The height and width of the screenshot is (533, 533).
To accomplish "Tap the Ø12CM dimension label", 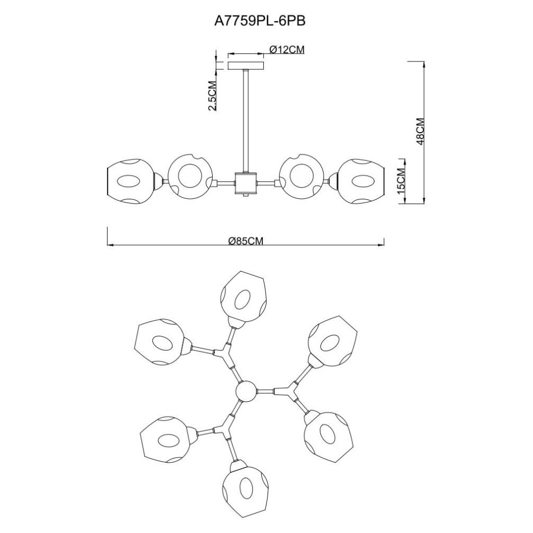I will point(287,50).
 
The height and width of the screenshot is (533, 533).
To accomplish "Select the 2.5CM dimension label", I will point(212,96).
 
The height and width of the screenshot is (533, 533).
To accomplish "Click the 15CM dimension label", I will point(401,181).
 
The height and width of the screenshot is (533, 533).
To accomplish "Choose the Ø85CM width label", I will point(246,241).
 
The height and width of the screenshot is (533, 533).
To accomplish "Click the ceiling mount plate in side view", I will point(246,66).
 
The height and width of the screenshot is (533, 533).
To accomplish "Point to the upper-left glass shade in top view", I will point(160,342).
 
